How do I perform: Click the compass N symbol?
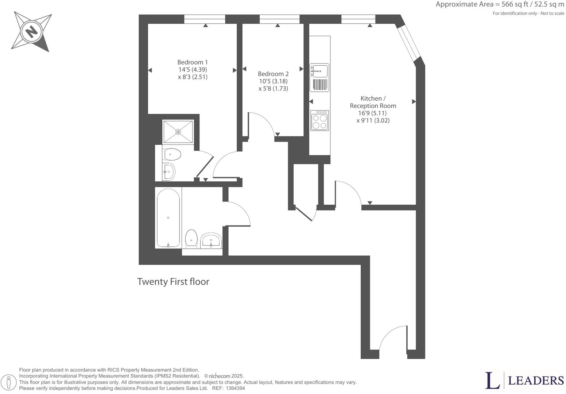point(31,31)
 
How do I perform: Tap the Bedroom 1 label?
point(193,62)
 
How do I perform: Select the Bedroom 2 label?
point(273,74)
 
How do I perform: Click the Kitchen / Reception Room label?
point(373,102)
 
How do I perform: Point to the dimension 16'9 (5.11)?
point(372,113)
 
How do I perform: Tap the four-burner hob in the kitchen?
point(319,120)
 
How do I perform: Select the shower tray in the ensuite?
point(178,132)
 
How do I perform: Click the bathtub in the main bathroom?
point(168,218)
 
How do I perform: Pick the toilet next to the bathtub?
point(191,239)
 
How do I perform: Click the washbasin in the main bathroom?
point(211,240)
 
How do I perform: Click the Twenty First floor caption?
point(173,282)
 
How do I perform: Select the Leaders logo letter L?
point(492,381)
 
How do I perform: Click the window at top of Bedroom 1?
point(205,19)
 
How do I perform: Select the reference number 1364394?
point(235,389)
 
